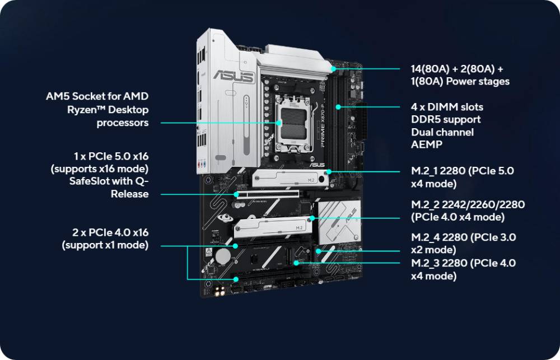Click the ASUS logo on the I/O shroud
234,77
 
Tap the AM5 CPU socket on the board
293,123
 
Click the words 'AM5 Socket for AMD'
97,96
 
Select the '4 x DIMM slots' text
447,107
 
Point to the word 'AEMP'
426,144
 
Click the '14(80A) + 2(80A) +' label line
457,69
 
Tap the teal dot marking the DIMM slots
338,107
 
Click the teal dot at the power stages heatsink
333,69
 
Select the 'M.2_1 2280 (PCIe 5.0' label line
463,171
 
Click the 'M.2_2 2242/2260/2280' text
468,204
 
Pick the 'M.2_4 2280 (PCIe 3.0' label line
464,237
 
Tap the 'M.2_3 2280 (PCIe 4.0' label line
464,263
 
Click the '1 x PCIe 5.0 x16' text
111,156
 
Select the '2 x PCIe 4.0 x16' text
110,232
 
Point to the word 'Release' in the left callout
130,194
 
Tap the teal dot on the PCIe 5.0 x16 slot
236,194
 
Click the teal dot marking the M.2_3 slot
296,263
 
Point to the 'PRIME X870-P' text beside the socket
322,126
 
